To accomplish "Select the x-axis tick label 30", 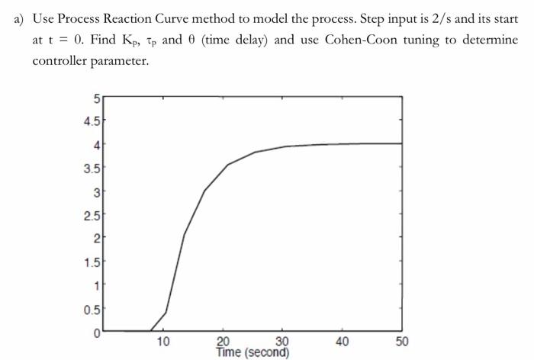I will (x=283, y=342).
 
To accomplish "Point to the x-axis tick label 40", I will (x=343, y=342).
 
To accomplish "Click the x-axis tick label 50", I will (x=403, y=342).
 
